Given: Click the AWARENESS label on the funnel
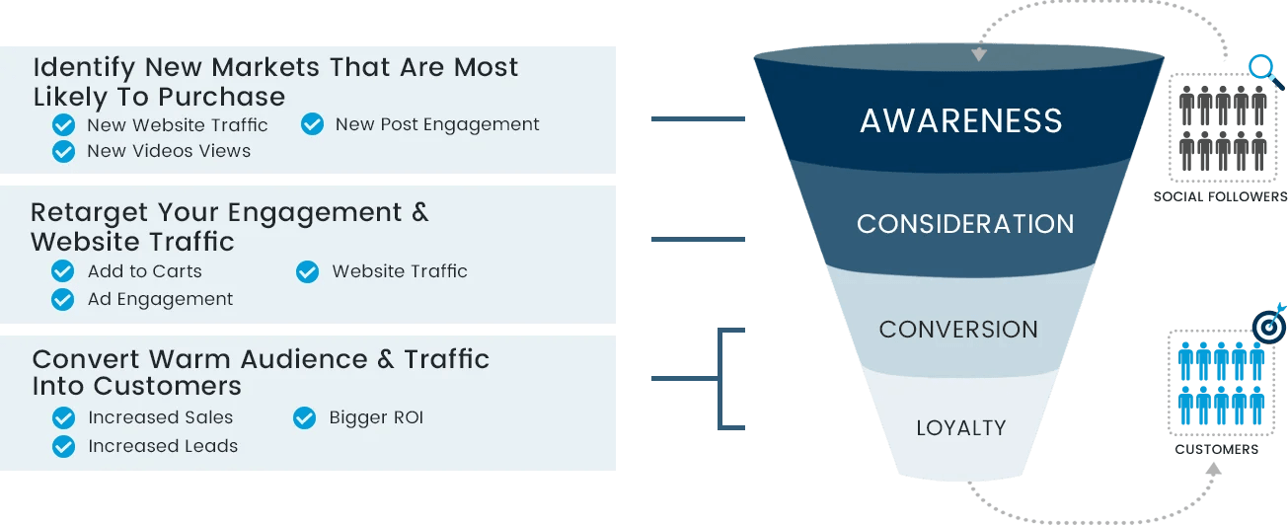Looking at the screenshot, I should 960,120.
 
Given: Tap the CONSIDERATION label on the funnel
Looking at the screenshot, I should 965,224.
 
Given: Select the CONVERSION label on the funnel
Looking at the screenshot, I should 958,329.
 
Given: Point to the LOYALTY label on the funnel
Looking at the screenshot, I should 960,427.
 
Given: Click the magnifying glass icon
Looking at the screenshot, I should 1261,69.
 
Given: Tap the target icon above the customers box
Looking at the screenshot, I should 1268,326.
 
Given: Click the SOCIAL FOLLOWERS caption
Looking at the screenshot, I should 1220,196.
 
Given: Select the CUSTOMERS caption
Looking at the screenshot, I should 1216,449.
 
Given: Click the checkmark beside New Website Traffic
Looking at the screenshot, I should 63,125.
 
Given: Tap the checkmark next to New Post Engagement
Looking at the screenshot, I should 312,124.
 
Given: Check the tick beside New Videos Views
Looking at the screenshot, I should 63,151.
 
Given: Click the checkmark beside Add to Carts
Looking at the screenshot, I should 63,271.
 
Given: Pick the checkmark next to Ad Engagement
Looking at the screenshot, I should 63,299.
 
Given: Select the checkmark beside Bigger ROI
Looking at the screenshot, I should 305,418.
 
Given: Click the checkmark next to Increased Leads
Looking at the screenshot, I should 63,446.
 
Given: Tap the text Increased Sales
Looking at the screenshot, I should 160,417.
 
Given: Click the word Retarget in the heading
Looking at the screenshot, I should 89,214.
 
